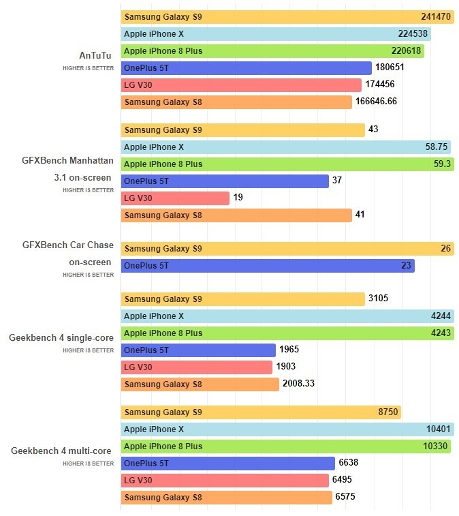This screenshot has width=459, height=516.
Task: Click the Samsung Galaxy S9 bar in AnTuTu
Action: pyautogui.click(x=287, y=17)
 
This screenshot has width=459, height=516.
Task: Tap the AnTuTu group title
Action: pyautogui.click(x=95, y=56)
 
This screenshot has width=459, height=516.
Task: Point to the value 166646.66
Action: pyautogui.click(x=376, y=102)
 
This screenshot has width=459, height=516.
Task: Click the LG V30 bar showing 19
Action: pyautogui.click(x=175, y=198)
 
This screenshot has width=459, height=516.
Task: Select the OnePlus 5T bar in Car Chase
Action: pyautogui.click(x=267, y=266)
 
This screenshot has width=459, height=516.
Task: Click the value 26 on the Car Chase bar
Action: pyautogui.click(x=445, y=249)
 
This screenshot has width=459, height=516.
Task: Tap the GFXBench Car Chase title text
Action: pyautogui.click(x=68, y=245)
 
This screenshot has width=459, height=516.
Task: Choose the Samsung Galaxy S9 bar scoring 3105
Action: pyautogui.click(x=242, y=299)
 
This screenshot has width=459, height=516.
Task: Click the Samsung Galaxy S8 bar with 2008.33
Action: pyautogui.click(x=200, y=384)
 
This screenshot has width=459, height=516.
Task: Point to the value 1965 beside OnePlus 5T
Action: pyautogui.click(x=289, y=350)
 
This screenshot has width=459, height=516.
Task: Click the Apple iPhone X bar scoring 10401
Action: pyautogui.click(x=287, y=429)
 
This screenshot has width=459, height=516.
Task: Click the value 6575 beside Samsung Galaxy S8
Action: pyautogui.click(x=345, y=498)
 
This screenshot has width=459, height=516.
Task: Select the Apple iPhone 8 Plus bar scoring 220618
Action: pyautogui.click(x=272, y=51)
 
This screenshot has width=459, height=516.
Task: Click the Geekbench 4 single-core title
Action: pyautogui.click(x=61, y=337)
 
